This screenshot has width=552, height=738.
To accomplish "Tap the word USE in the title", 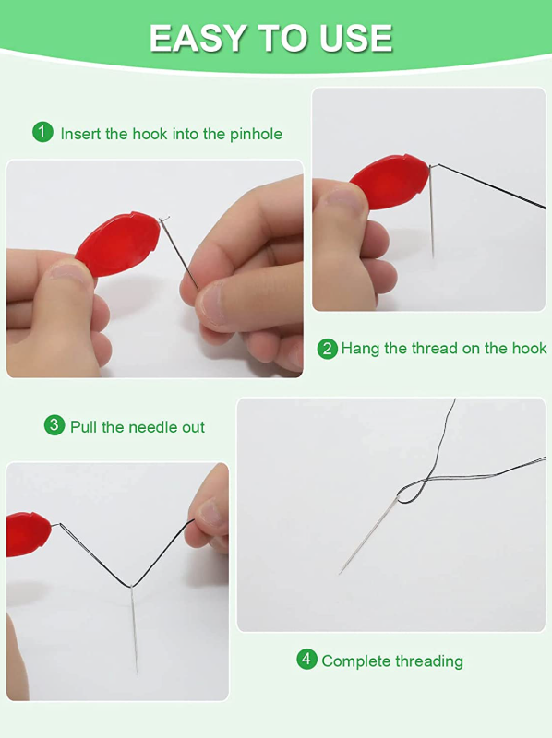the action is [356, 38].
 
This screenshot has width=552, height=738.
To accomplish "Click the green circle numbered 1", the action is [42, 132].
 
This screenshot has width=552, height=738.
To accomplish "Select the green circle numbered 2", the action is [328, 350].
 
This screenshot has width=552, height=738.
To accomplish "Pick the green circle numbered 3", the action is [54, 425].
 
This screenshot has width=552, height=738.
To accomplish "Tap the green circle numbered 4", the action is [306, 659].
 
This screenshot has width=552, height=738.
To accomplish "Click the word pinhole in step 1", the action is [257, 134].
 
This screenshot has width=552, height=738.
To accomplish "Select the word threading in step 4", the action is [429, 661].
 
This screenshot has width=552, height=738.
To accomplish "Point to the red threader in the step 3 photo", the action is [29, 534].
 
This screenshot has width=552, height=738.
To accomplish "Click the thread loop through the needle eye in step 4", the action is [412, 492].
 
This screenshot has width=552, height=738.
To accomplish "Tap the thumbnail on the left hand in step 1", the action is [70, 272].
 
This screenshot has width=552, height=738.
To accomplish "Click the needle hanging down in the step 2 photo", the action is [432, 212].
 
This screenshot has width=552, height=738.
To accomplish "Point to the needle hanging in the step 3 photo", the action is [134, 631].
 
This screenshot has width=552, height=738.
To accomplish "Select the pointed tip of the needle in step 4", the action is [340, 573].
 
